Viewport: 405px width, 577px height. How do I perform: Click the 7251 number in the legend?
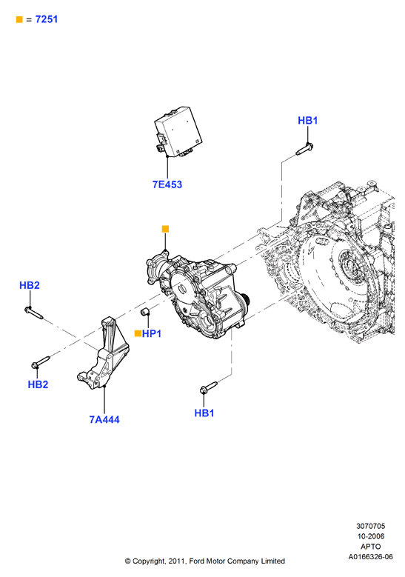coord(47,19)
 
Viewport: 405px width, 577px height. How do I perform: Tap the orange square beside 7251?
coord(19,19)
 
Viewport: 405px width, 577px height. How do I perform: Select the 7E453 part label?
coord(167,184)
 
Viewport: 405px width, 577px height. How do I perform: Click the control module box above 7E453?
coord(178,132)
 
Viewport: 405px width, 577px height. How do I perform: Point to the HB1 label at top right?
coord(307,120)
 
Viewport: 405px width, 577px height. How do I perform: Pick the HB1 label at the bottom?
coord(204,413)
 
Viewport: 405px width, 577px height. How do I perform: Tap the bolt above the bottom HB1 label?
coord(209,387)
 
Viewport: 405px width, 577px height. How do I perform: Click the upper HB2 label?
coord(30,285)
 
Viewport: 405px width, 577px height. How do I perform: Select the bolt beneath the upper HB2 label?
coord(34,313)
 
